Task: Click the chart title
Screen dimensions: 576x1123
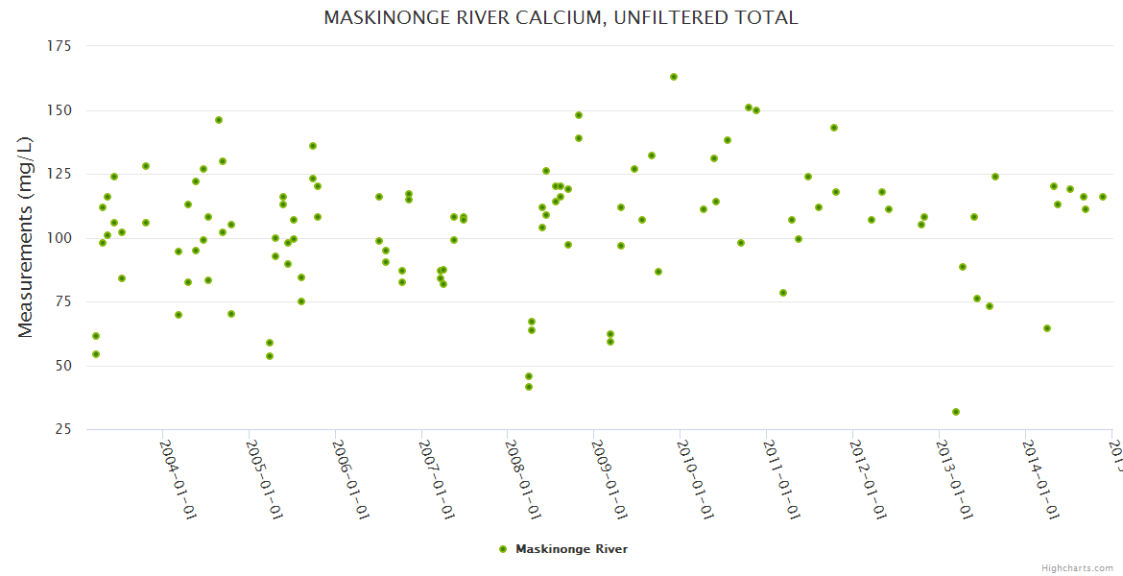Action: [x=561, y=17]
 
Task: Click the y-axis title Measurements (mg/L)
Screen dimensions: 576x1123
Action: [x=26, y=236]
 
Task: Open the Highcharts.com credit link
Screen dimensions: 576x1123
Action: [x=1078, y=568]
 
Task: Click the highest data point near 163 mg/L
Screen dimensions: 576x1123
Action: [x=674, y=77]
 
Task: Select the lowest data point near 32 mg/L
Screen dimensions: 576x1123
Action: [x=956, y=412]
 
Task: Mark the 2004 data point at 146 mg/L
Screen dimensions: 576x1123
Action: [x=219, y=120]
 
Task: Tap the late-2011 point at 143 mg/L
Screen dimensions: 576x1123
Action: [x=834, y=128]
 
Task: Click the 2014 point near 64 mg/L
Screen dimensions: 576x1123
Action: [x=1047, y=328]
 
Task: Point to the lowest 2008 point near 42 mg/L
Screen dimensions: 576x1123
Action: [x=529, y=387]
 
